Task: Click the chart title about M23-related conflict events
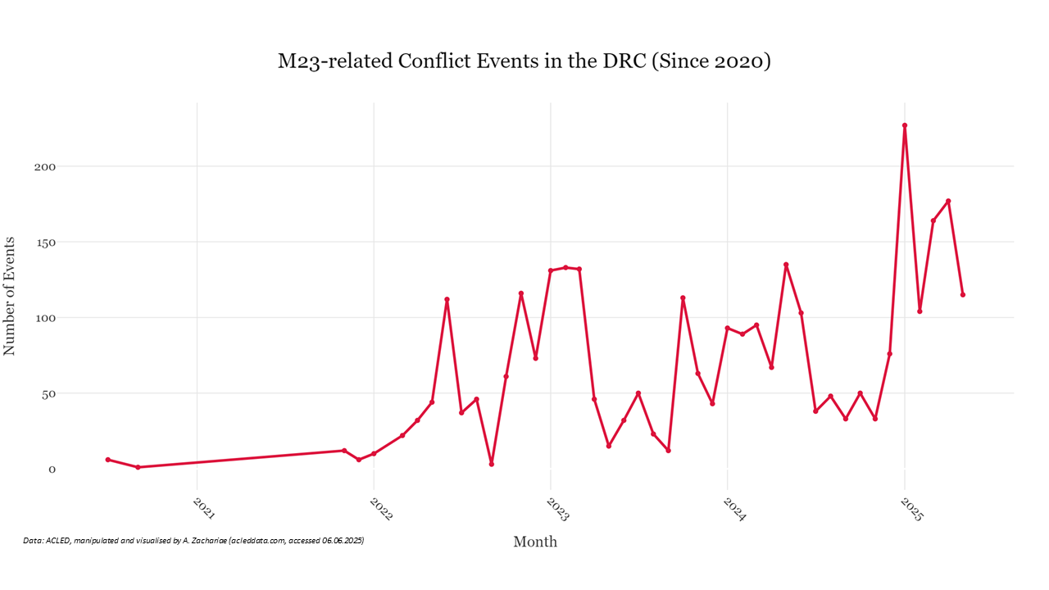[524, 61]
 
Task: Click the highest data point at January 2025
[905, 125]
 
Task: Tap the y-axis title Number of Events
[10, 296]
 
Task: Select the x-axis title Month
[535, 542]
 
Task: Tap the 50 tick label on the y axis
[47, 393]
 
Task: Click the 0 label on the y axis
[52, 470]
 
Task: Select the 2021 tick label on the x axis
[204, 509]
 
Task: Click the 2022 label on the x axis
[381, 509]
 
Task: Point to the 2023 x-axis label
[558, 509]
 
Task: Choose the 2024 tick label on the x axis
[734, 509]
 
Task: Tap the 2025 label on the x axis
[911, 509]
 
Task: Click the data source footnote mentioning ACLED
[193, 541]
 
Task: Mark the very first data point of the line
[108, 460]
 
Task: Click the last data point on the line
[963, 295]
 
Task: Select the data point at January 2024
[728, 328]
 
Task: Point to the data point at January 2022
[374, 453]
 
